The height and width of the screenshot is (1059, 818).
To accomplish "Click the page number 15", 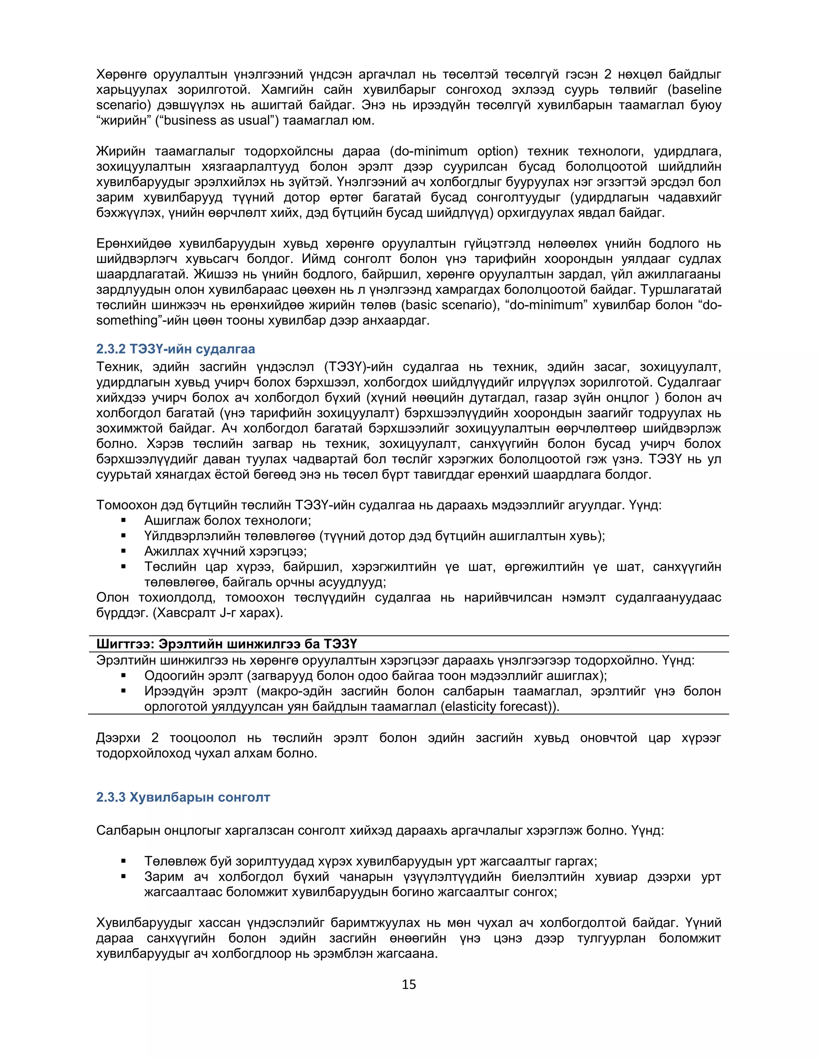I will point(409,984).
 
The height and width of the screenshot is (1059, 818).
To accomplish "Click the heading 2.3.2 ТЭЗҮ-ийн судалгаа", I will point(175,349).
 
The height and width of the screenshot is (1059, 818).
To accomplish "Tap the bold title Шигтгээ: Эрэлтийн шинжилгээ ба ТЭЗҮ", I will point(226,644).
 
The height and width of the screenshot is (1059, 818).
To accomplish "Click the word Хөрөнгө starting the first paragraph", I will point(121,75).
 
